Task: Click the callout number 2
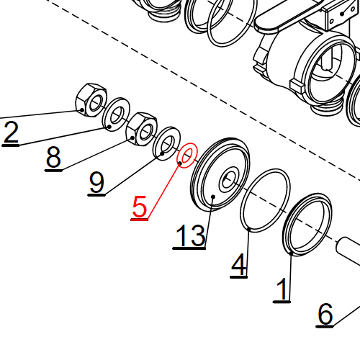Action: click(x=10, y=134)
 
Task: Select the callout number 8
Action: click(x=53, y=158)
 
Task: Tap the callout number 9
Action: click(x=96, y=183)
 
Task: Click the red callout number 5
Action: click(x=140, y=207)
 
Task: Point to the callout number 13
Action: click(x=189, y=236)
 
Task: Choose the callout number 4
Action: click(x=239, y=266)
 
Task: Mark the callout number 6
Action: click(x=325, y=315)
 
